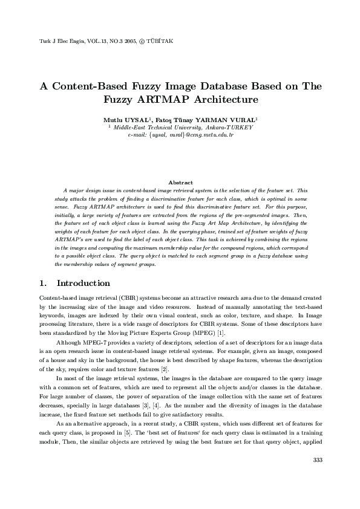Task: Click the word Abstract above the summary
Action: point(180,182)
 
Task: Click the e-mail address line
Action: point(180,135)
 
